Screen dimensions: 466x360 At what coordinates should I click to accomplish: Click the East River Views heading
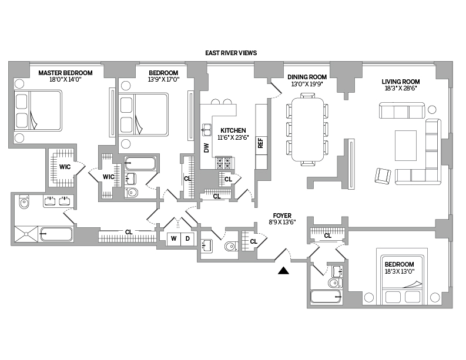point(231,53)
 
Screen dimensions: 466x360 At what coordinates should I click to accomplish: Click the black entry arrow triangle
point(284,271)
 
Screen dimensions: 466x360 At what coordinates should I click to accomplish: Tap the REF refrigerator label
point(260,144)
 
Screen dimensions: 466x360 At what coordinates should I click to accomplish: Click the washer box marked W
point(174,239)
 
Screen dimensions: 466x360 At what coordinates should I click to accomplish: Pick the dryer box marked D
point(187,239)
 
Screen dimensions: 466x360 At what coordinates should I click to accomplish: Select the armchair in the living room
point(383,175)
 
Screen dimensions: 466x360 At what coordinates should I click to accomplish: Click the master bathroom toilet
point(24,203)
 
